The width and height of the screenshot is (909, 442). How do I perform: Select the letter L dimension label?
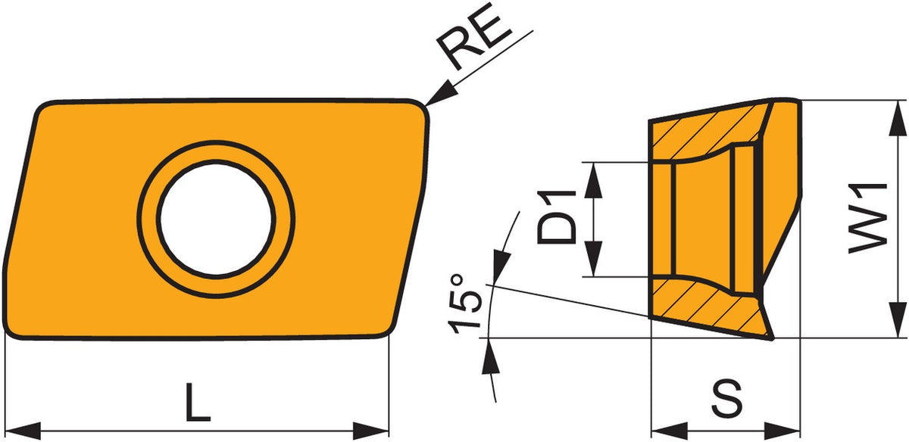tap(198, 401)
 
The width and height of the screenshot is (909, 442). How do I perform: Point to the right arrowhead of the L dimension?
tap(371, 431)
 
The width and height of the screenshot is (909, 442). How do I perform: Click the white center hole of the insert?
tap(216, 219)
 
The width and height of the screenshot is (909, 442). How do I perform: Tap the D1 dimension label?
tap(557, 217)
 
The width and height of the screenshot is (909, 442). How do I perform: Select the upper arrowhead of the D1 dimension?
tap(594, 180)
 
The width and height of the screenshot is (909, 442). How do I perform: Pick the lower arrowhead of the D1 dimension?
tap(594, 259)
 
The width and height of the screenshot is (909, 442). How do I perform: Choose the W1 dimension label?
tap(868, 219)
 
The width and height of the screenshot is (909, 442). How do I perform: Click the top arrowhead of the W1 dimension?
tap(898, 117)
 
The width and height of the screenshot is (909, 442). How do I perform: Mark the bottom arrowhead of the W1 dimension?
tap(898, 319)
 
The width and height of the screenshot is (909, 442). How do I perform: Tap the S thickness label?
tap(728, 399)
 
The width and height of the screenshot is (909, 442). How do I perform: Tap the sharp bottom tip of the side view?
tap(771, 339)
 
